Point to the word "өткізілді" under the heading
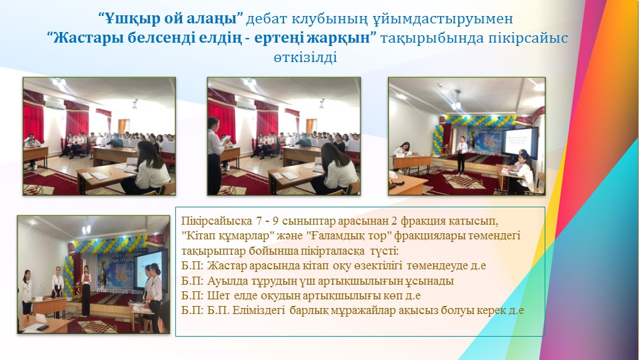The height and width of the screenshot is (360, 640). click(305, 57)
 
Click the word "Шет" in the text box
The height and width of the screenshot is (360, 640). click(216, 295)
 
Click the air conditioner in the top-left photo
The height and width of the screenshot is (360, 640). click(54, 104)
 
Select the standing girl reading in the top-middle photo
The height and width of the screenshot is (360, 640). click(215, 155)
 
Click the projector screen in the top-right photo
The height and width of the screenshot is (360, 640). click(519, 141)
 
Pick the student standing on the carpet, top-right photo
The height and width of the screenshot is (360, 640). click(461, 155)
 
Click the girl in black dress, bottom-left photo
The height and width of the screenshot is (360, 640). click(86, 291)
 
